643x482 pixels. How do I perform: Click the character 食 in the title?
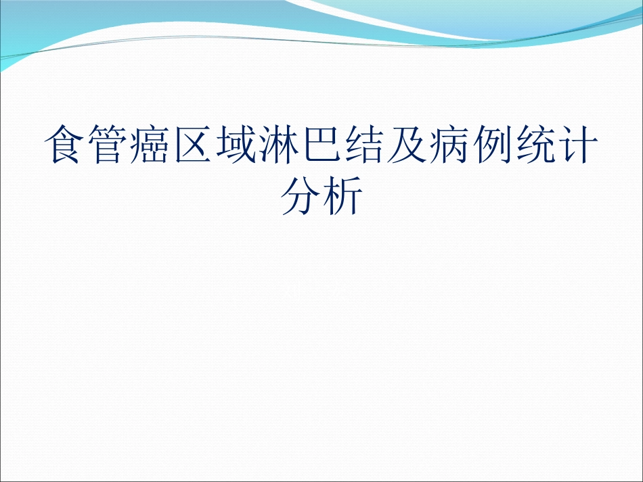(x=66, y=145)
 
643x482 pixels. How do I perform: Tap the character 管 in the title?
(x=109, y=145)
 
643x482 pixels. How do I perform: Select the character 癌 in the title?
(x=152, y=145)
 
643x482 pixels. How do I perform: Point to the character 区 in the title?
(x=194, y=145)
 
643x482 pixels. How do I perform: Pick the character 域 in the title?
(x=237, y=145)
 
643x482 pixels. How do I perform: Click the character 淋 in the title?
(x=280, y=145)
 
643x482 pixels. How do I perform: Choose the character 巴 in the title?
(x=322, y=145)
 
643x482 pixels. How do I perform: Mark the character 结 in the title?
(x=365, y=145)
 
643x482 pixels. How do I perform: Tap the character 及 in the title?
(x=407, y=145)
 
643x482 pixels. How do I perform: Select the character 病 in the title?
(x=450, y=145)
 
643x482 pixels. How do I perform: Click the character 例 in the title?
(x=493, y=145)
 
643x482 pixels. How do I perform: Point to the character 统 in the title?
(x=535, y=145)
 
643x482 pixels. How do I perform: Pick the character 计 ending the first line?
(x=578, y=145)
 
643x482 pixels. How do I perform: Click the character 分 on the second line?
(x=301, y=196)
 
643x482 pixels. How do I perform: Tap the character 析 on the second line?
(x=343, y=196)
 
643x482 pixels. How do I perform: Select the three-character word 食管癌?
(x=109, y=145)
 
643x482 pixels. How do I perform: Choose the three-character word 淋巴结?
(x=322, y=145)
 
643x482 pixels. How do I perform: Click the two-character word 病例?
(x=471, y=145)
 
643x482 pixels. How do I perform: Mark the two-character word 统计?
(x=556, y=145)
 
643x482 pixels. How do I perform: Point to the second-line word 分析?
(x=321, y=196)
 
